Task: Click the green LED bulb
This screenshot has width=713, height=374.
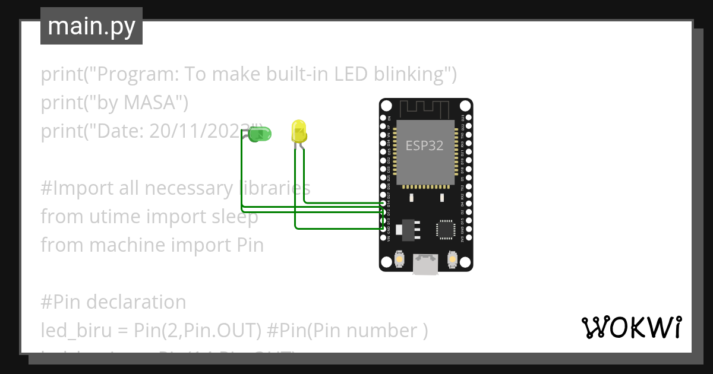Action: click(260, 134)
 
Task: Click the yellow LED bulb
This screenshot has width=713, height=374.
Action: click(298, 131)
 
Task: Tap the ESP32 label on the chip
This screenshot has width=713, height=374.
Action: click(424, 145)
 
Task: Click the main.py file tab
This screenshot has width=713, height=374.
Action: click(92, 26)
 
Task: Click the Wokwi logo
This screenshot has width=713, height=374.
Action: click(631, 327)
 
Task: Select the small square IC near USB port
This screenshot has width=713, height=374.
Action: click(444, 229)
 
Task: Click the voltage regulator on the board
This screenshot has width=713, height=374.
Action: click(408, 229)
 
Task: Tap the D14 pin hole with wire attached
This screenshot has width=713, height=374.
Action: click(383, 203)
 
